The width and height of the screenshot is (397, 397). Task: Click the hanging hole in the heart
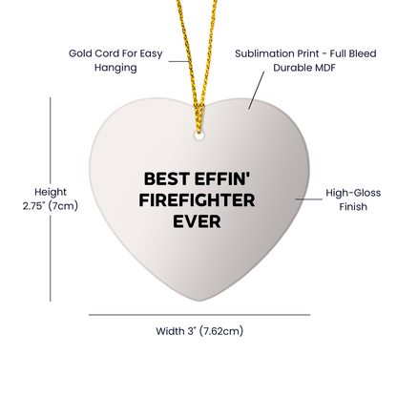click(200, 136)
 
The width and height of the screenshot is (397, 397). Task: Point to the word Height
click(23, 190)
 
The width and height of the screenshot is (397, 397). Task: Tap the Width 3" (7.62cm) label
click(199, 331)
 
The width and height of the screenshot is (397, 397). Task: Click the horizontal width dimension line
click(198, 313)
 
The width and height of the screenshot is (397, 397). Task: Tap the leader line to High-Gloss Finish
click(310, 198)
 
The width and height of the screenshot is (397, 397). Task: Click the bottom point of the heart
click(198, 293)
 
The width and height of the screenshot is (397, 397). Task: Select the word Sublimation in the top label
click(261, 54)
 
